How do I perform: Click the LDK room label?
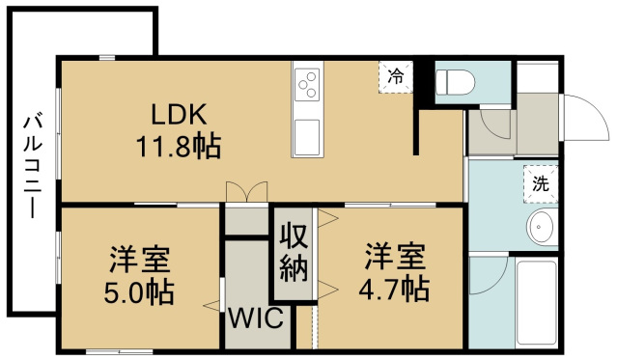[x=179, y=114]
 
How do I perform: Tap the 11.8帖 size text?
[x=179, y=147]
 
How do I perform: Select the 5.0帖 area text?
[x=139, y=291]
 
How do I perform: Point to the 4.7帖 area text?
[x=394, y=289]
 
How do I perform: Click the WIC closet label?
[x=256, y=318]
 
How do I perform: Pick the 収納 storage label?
[x=294, y=252]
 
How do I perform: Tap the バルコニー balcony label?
[x=33, y=165]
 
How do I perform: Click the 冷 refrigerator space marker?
[x=396, y=77]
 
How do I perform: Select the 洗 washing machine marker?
[x=541, y=184]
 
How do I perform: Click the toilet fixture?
[x=456, y=83]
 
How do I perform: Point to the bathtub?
[x=536, y=302]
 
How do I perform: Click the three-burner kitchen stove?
[x=307, y=85]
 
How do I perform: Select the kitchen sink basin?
[x=307, y=137]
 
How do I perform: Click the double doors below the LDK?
[x=247, y=192]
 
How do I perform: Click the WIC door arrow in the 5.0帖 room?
[x=211, y=305]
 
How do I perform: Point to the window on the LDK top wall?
[x=107, y=58]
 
